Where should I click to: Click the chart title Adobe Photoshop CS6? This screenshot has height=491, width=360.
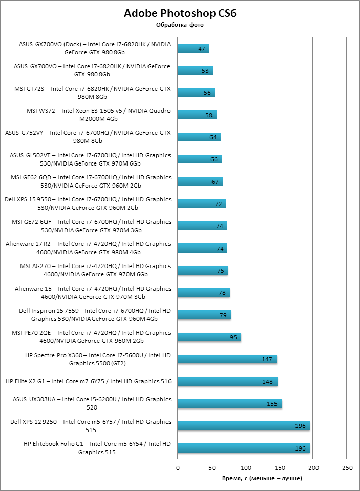tap(180, 13)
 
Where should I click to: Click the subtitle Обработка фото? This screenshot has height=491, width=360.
tap(180, 25)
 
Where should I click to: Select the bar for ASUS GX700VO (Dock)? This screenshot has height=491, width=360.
tap(193, 49)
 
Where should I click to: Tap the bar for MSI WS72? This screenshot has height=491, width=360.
tap(197, 115)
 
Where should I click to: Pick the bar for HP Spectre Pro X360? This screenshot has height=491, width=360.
tap(227, 359)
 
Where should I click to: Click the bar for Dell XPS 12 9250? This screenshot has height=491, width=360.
tap(244, 426)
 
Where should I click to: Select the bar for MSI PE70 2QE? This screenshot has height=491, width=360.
tap(209, 337)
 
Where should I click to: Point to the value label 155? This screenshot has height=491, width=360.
tap(272, 404)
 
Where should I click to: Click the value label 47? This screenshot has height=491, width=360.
tap(201, 49)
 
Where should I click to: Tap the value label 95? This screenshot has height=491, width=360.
tap(234, 337)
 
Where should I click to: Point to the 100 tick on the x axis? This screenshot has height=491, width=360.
tap(246, 468)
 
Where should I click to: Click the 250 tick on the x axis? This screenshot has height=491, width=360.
tap(348, 468)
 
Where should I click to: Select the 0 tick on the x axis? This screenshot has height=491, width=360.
tap(178, 468)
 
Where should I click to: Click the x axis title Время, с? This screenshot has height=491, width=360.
tap(262, 478)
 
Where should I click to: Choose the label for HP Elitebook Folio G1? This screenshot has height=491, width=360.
tap(97, 448)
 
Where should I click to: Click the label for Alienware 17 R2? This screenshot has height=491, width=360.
tap(88, 248)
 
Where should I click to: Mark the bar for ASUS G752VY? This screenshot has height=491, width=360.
tap(199, 137)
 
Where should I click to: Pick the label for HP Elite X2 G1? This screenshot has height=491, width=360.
tap(88, 381)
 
